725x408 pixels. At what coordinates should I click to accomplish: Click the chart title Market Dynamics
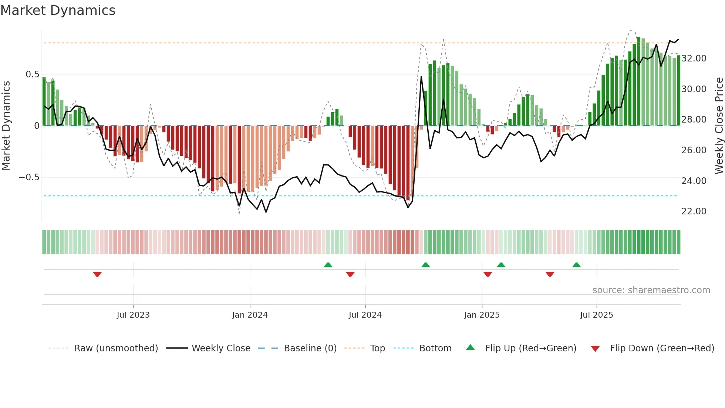[58, 10]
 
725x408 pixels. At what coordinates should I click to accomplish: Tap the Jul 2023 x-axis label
[133, 315]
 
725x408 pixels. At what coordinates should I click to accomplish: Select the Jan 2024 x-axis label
[250, 315]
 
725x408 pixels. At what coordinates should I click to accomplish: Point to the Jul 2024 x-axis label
[365, 315]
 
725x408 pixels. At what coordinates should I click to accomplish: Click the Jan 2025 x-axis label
[482, 315]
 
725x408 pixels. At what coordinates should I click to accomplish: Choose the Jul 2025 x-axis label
[596, 315]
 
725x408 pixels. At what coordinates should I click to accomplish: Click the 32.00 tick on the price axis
[694, 58]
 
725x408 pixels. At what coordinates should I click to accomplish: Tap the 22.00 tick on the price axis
[694, 211]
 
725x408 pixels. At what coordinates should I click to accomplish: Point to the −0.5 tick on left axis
[29, 177]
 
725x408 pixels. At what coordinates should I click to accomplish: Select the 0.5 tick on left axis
[32, 74]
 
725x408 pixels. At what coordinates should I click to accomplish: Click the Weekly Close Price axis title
[719, 126]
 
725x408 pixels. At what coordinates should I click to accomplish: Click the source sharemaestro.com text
[651, 290]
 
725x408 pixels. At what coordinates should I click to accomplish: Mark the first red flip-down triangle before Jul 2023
[97, 274]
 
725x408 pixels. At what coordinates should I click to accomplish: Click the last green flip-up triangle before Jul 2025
[576, 265]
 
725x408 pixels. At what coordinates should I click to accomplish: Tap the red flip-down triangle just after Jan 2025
[488, 274]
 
